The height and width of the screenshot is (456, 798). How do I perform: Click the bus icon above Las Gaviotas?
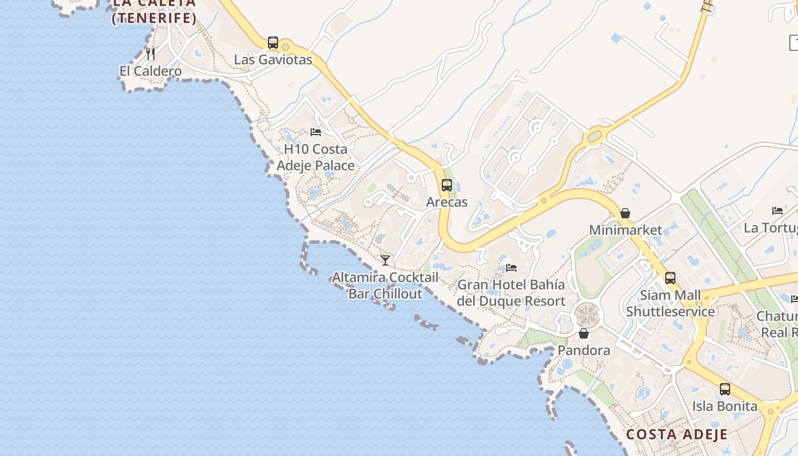pos(273,43)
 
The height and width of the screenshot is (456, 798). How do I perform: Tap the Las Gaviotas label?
pos(273,59)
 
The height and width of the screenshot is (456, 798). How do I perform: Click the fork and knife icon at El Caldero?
pos(150,54)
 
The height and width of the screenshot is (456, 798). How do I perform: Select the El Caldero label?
pos(150,71)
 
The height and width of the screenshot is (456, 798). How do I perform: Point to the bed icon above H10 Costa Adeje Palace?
pos(316,132)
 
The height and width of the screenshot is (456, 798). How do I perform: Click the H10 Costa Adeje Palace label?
pos(316,157)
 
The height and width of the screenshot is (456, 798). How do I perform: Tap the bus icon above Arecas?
pos(447,185)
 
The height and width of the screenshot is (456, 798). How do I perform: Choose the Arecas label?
pos(447,202)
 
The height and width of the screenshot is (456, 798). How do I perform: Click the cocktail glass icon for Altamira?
pos(385,260)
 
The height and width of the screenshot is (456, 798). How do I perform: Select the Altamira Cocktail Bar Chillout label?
pos(385,286)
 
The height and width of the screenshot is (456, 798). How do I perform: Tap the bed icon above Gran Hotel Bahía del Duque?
pos(511,267)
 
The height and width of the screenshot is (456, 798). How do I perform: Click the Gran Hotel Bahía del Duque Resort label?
pos(511,292)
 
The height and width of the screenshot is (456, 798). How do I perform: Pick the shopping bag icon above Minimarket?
pos(625,213)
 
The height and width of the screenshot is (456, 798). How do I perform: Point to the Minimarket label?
pos(625,230)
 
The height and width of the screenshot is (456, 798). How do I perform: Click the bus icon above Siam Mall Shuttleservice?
pos(670,278)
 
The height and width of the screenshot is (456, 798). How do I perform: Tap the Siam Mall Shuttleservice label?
pos(670,303)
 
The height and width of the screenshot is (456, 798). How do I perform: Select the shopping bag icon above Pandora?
pos(584,333)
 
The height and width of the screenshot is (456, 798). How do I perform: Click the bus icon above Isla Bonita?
pos(725,389)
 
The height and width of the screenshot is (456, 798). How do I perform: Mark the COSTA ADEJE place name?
pos(677,434)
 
